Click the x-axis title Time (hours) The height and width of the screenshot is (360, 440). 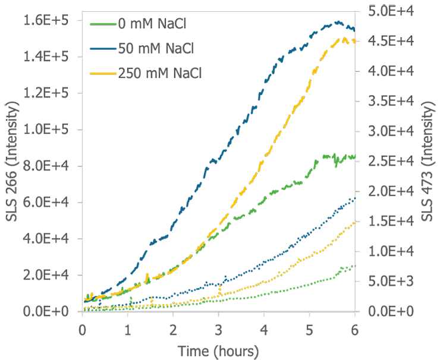[x=218, y=350]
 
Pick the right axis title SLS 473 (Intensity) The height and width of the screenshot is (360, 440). [x=427, y=160]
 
